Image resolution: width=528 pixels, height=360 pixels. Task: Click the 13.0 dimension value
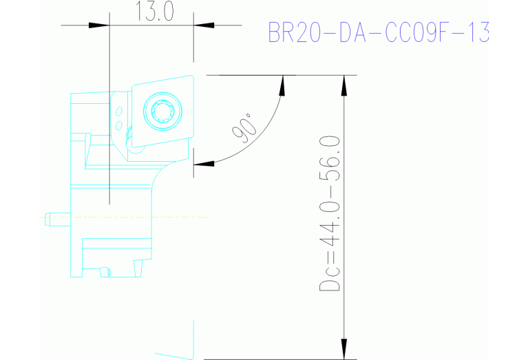[150, 12]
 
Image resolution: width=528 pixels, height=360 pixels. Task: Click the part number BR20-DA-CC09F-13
[378, 32]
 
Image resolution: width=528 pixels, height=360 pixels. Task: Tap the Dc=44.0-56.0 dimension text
[331, 214]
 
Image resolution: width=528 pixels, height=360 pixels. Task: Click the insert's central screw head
[163, 109]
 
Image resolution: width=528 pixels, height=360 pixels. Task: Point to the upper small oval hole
[119, 112]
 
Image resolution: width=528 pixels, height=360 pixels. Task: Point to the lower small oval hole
[118, 125]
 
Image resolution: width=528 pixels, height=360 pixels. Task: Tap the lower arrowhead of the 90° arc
[201, 164]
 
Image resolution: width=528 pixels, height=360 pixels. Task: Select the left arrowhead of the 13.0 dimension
[99, 25]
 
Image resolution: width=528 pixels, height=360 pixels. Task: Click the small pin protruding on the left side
[49, 219]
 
